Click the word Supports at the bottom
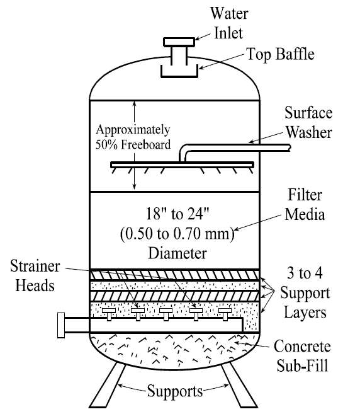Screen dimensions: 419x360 (174, 391)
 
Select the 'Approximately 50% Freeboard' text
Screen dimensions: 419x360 (133, 137)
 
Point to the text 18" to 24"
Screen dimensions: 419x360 (174, 211)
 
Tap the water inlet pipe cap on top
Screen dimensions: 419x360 (181, 42)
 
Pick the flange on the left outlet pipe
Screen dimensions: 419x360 (61, 324)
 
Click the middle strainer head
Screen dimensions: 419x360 (166, 311)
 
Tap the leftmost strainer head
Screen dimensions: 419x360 (108, 311)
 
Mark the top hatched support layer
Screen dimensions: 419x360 (173, 274)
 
